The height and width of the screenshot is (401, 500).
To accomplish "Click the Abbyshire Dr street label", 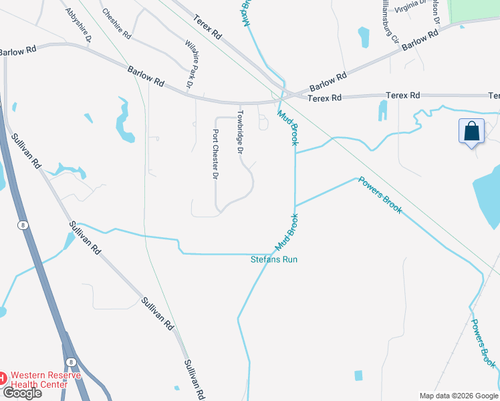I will pos(79,25).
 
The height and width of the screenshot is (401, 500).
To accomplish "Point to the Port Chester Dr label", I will pos(215,154).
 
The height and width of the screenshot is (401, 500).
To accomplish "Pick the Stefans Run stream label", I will pos(273,259).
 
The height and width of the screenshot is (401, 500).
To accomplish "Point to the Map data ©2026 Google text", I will pos(458,396).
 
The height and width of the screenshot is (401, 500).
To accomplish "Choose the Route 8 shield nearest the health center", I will pos(72,362).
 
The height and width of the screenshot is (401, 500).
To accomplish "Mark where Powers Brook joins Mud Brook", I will pos(295,205).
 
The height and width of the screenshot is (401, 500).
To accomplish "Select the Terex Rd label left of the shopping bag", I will pos(402,96).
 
